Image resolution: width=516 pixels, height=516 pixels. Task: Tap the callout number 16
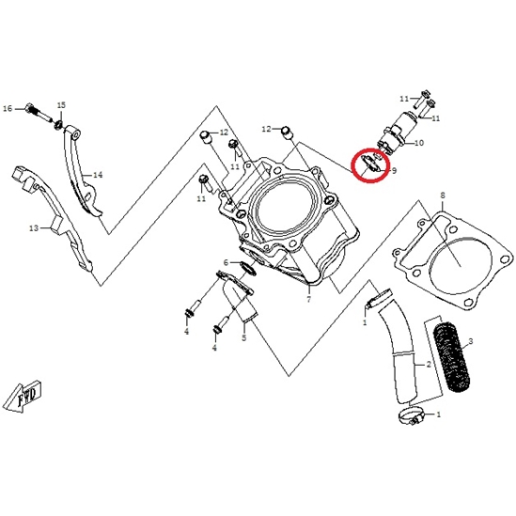(8, 108)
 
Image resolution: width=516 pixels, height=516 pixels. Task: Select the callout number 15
(61, 105)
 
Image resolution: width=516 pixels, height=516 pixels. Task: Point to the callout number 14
(98, 175)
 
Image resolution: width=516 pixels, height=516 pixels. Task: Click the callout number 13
(34, 227)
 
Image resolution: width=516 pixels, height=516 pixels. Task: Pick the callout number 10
(419, 143)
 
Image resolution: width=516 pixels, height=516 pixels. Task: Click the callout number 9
(394, 170)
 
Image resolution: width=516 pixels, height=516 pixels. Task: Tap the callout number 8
(443, 195)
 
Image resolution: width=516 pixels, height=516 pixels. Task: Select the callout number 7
(308, 300)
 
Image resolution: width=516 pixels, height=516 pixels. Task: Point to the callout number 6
(226, 262)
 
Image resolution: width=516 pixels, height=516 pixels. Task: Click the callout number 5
(243, 338)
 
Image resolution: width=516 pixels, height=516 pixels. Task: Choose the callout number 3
(471, 341)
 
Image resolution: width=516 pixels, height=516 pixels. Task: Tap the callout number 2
(429, 365)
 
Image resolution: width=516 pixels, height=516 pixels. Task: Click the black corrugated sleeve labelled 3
(452, 358)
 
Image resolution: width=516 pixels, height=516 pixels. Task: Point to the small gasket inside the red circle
(370, 164)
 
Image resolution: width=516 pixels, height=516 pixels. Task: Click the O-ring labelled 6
(248, 268)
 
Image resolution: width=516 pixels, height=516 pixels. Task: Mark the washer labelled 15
(59, 125)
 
